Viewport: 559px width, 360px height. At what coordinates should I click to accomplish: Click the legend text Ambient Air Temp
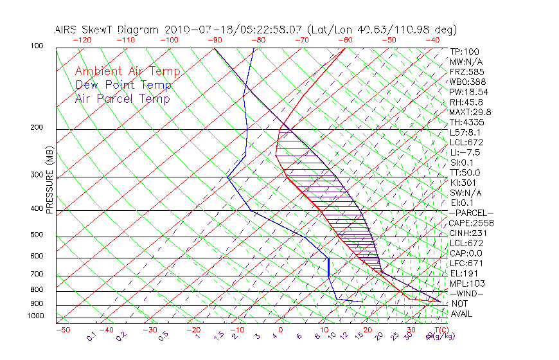(x=127, y=71)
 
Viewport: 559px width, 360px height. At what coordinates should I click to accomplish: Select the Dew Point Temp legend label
(x=123, y=85)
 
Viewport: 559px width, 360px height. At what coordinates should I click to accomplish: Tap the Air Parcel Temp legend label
(x=122, y=98)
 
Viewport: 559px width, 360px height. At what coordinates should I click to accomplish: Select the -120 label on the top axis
(x=82, y=40)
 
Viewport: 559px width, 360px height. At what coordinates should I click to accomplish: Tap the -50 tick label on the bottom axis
(x=62, y=330)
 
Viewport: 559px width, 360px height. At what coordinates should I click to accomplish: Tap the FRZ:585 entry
(x=466, y=72)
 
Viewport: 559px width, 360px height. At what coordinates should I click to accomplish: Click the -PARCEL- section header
(x=471, y=213)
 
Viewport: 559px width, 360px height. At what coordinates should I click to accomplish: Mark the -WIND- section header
(x=466, y=293)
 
